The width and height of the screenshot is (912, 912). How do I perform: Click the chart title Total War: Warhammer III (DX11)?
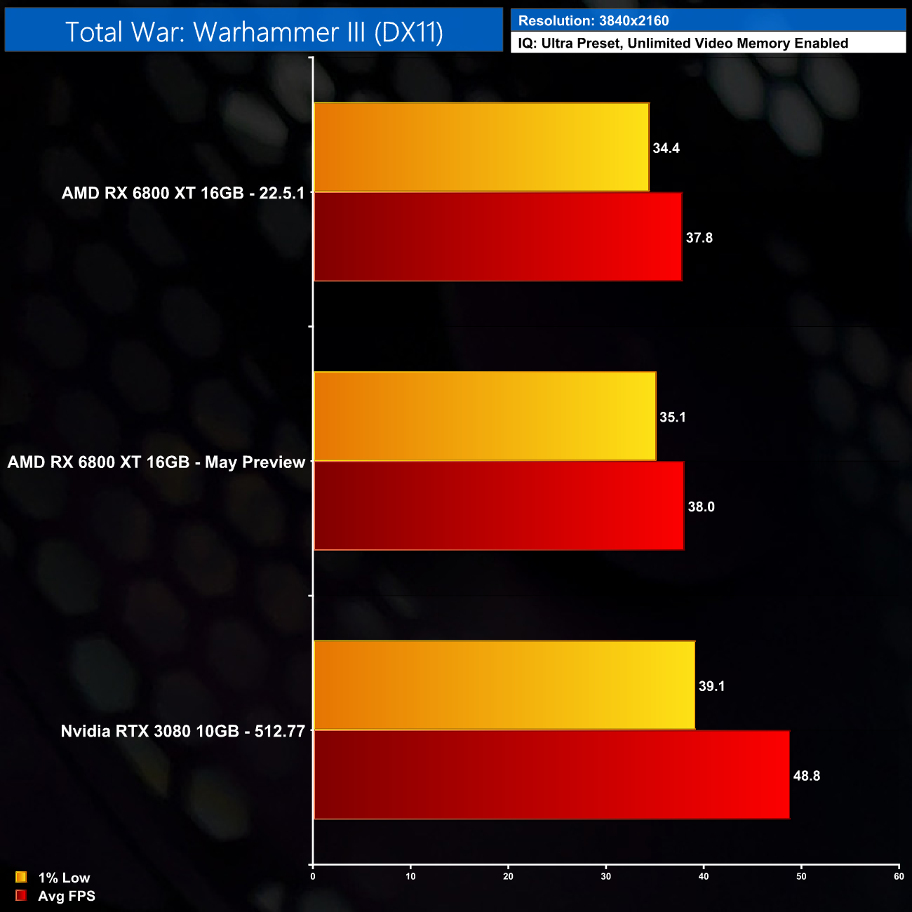click(x=254, y=32)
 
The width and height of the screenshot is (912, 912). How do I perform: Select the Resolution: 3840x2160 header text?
click(x=594, y=21)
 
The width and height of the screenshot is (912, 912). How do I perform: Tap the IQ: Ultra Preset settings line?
click(x=683, y=43)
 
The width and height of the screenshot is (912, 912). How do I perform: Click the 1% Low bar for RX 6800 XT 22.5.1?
click(x=481, y=147)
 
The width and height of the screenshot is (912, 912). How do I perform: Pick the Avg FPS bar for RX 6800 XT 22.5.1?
click(x=497, y=237)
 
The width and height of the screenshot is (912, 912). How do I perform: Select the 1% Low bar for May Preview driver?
click(x=485, y=417)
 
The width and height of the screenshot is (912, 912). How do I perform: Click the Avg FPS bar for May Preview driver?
click(x=499, y=506)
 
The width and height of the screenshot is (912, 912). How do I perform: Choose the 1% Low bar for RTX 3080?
click(x=504, y=685)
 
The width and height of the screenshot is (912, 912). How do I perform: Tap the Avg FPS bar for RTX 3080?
click(x=551, y=774)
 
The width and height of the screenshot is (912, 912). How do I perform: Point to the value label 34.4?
click(x=666, y=148)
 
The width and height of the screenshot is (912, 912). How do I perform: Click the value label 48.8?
click(x=806, y=776)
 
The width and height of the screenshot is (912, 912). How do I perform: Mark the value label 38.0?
click(x=701, y=507)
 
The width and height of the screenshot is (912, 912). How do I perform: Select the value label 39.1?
click(x=711, y=686)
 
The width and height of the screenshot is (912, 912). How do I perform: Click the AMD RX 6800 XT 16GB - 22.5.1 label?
click(x=183, y=193)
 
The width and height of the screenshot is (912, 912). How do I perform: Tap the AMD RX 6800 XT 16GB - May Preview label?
click(x=156, y=462)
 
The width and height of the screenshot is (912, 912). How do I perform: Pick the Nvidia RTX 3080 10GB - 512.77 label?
click(x=182, y=731)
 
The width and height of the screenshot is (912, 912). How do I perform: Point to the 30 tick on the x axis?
click(x=606, y=876)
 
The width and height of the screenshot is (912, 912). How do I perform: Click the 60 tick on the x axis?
click(x=899, y=876)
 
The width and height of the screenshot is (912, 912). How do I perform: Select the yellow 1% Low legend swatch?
click(x=21, y=877)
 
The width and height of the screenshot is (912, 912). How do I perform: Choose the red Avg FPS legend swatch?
click(x=21, y=895)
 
